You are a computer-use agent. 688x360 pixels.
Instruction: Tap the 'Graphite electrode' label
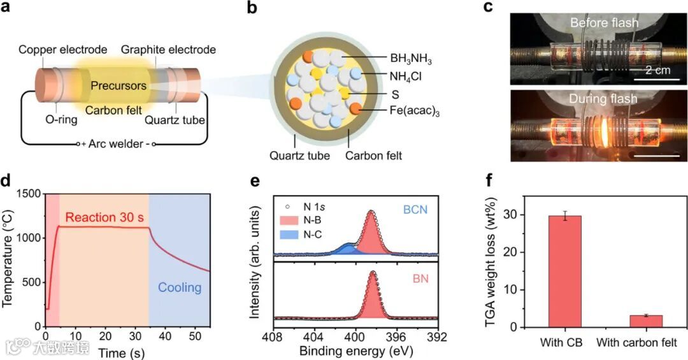click(168, 50)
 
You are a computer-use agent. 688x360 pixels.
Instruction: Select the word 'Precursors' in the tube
click(118, 85)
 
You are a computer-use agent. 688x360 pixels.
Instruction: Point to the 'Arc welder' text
click(117, 145)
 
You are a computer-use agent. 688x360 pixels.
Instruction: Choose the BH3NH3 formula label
click(410, 61)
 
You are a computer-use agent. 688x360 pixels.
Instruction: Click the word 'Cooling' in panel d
click(180, 288)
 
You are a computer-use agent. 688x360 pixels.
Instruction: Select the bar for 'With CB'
click(564, 271)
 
